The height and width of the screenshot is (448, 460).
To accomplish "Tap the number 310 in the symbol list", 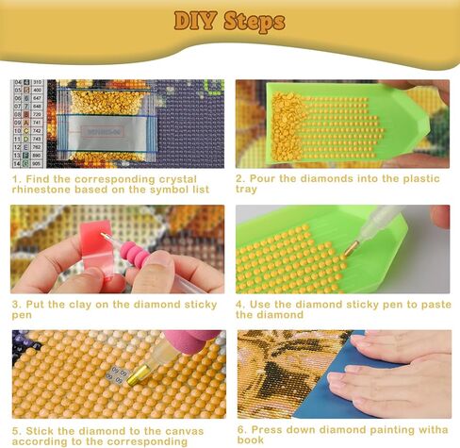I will (36, 84).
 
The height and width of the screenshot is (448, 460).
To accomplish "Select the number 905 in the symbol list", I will (36, 163).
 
